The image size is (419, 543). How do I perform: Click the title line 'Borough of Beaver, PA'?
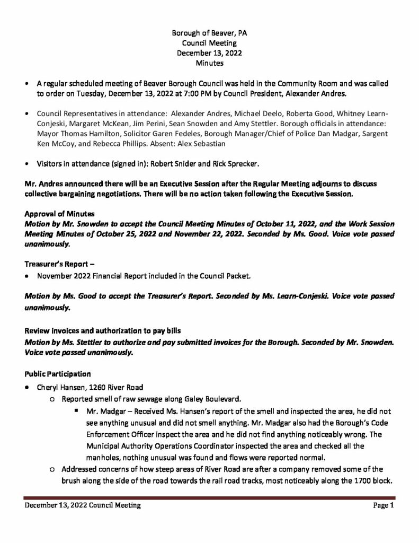[209, 33]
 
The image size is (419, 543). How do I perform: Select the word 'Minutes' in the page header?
[209, 63]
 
